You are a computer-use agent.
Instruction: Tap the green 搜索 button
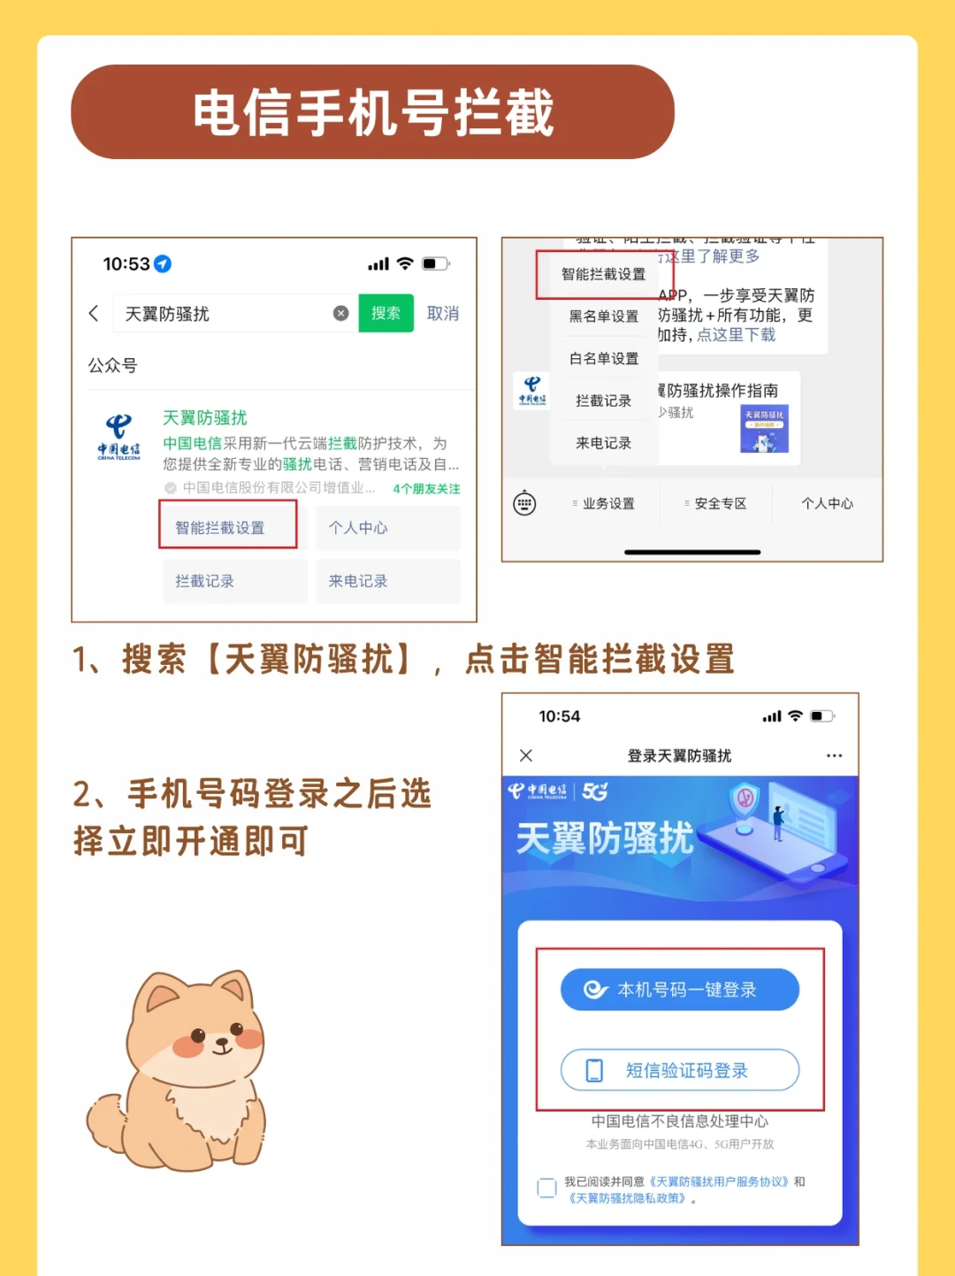[x=386, y=313]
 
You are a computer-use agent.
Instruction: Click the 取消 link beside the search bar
[x=443, y=313]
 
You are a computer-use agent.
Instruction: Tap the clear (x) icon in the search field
[x=340, y=313]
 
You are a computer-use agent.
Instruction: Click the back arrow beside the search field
[x=94, y=313]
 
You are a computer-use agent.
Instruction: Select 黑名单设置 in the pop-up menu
[x=604, y=316]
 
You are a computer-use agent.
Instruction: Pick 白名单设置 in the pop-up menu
[x=604, y=358]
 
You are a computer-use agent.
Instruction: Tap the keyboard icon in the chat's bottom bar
[x=524, y=503]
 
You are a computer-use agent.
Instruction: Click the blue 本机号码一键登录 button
[x=679, y=989]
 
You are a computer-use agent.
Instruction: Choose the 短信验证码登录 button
[x=679, y=1071]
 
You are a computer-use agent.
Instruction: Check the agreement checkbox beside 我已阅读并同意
[x=547, y=1188]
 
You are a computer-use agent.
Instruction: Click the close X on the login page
[x=526, y=755]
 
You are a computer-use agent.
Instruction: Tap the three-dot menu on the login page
[x=834, y=756]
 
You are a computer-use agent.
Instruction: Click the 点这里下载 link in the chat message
[x=736, y=334]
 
